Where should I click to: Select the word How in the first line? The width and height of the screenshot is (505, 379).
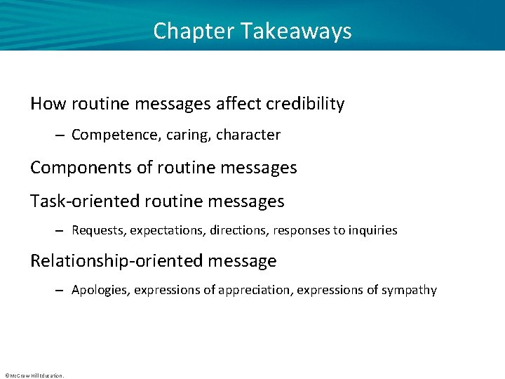pyautogui.click(x=47, y=104)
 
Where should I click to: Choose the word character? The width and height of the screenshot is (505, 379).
pyautogui.click(x=248, y=135)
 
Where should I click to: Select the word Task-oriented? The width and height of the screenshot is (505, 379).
pyautogui.click(x=85, y=201)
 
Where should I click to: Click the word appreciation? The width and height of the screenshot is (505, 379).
pyautogui.click(x=255, y=290)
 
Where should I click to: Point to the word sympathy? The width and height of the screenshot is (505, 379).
pyautogui.click(x=409, y=290)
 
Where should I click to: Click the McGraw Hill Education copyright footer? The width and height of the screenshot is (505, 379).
pyautogui.click(x=34, y=375)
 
